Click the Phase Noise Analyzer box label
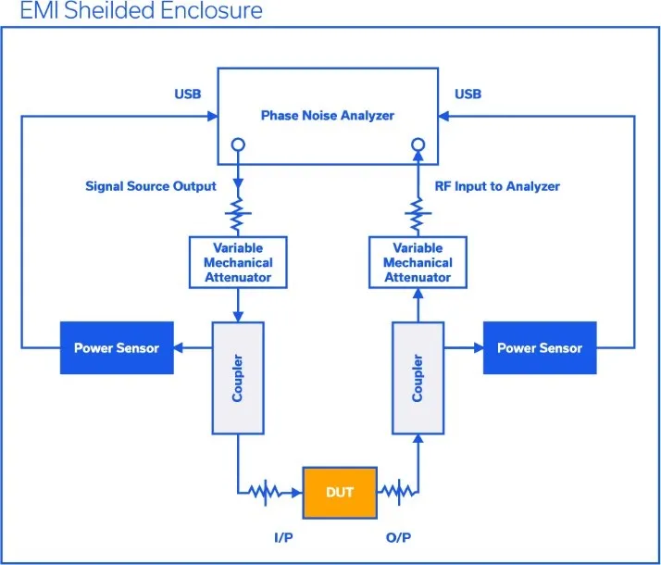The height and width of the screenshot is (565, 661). (328, 115)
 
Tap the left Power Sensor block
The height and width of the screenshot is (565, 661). (117, 348)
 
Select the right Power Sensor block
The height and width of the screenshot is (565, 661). (540, 348)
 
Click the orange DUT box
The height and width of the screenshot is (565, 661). (340, 492)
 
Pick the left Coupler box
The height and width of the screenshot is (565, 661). (239, 378)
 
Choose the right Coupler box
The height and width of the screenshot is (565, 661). (418, 378)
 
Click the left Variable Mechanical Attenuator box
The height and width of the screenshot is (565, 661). (238, 262)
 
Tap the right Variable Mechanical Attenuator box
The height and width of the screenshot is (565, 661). (418, 262)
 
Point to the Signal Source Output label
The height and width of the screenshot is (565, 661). (151, 186)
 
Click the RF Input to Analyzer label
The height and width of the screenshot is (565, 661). (497, 186)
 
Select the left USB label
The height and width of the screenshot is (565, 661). (187, 94)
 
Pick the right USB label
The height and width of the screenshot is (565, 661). (468, 94)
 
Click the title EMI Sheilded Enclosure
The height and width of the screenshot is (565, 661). (141, 12)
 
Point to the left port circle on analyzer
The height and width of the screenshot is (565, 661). (238, 144)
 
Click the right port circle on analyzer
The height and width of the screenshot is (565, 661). (418, 144)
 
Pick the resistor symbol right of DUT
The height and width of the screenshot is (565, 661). (396, 492)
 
